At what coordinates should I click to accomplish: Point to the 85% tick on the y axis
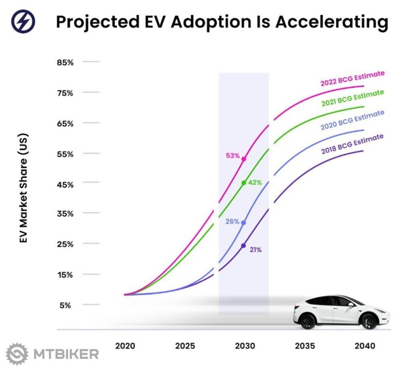point(65,62)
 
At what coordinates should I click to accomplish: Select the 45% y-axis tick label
point(65,184)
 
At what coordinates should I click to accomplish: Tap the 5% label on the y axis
point(65,305)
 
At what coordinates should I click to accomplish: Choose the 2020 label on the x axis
point(125,346)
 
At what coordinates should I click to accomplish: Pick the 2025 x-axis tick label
point(185,346)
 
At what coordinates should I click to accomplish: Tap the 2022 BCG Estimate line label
point(352,78)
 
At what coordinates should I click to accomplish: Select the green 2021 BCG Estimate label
point(352,98)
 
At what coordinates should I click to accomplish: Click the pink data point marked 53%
point(244,159)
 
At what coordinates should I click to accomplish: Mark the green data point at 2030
point(244,183)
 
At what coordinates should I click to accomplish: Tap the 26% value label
point(232,221)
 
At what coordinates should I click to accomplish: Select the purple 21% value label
point(255,250)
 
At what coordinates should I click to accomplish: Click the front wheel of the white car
point(369,321)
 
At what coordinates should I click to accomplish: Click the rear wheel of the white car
point(308,322)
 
